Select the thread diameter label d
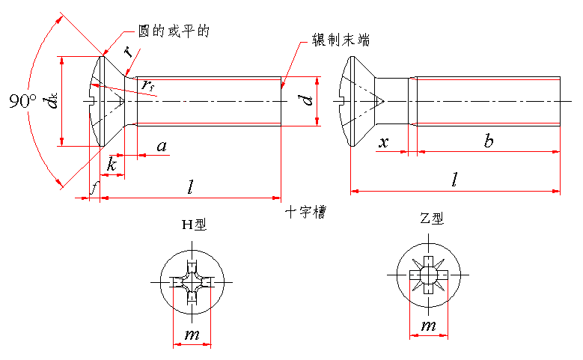[308, 100]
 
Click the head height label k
[112, 165]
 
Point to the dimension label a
[161, 146]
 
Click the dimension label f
[92, 188]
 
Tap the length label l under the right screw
[455, 180]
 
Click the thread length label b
[488, 141]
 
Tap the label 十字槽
[305, 213]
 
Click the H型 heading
[193, 224]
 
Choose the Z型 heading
[432, 219]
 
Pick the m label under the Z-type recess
[428, 326]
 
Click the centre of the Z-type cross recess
[428, 275]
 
